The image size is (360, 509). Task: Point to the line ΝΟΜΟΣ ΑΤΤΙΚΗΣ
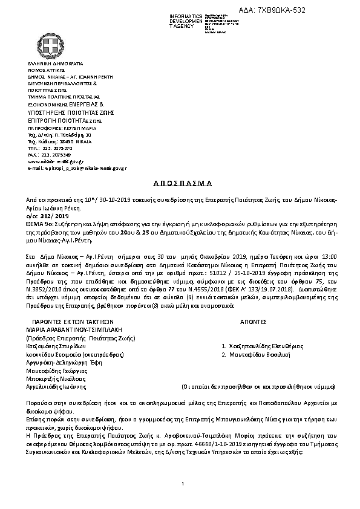pyautogui.click(x=47, y=71)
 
